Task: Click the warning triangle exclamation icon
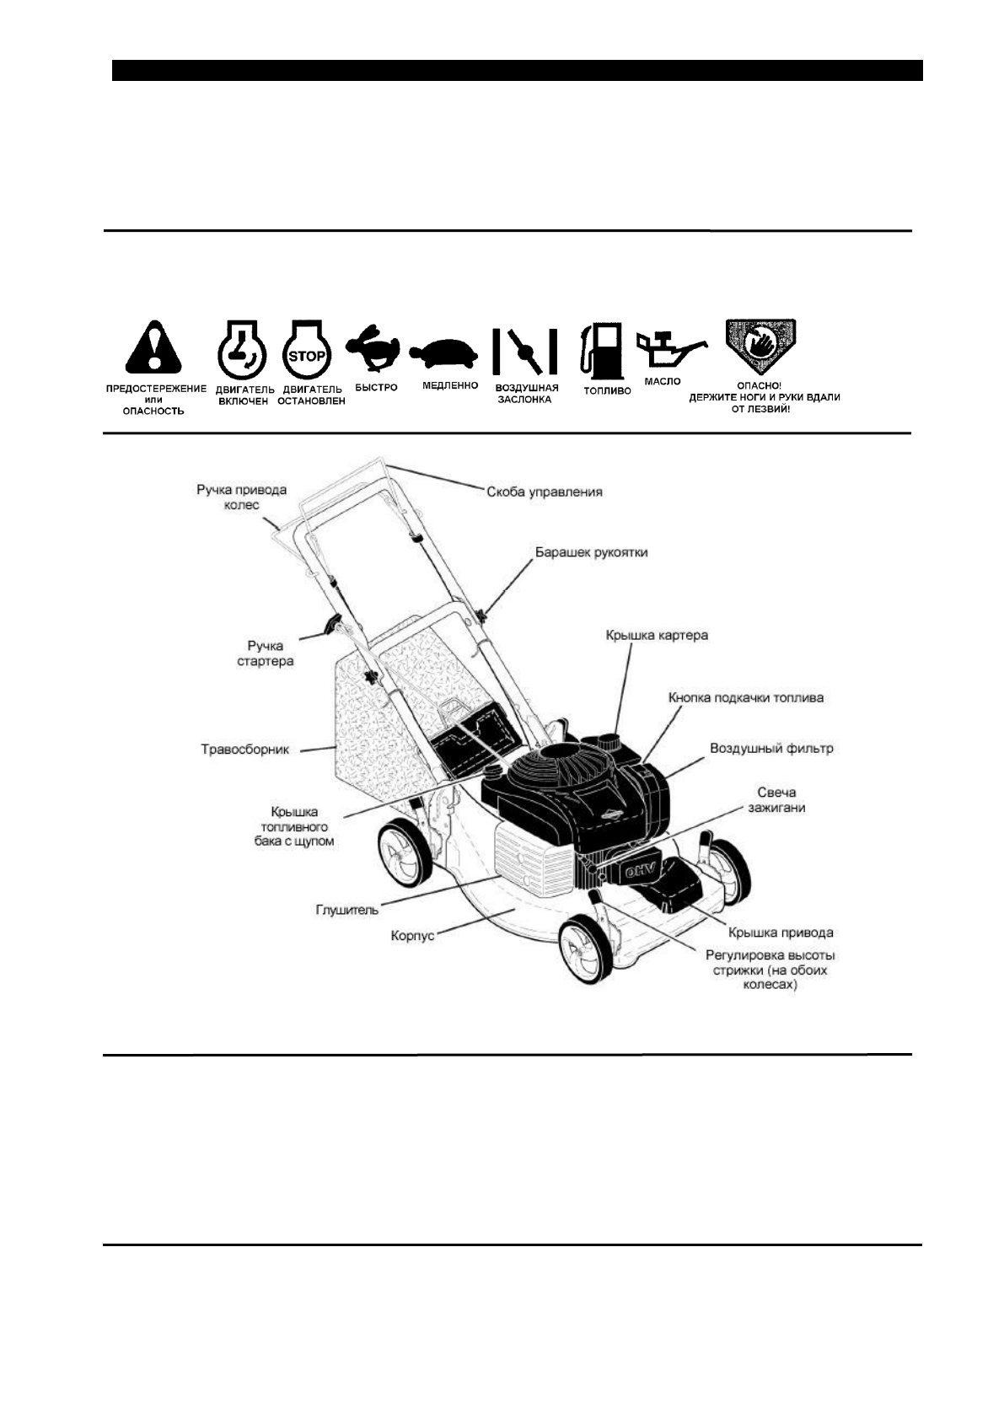click(153, 348)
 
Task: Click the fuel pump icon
click(600, 351)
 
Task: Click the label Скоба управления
click(545, 491)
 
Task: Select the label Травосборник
click(244, 749)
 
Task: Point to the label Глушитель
click(346, 910)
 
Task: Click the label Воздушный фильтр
click(771, 748)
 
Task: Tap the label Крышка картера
click(657, 635)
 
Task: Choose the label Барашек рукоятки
click(592, 553)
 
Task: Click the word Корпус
click(413, 935)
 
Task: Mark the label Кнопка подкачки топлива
click(745, 697)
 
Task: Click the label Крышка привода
click(781, 932)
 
